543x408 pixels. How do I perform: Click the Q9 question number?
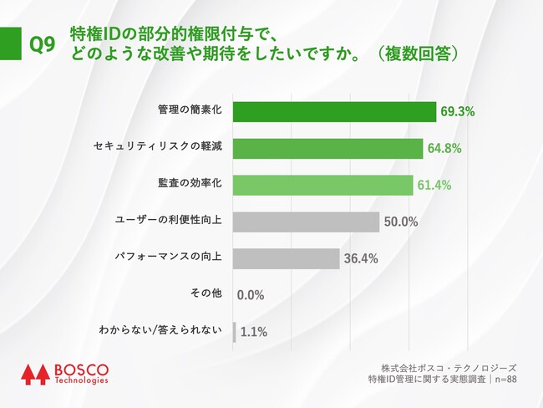pos(42,45)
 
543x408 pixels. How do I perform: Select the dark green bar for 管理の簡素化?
pos(334,111)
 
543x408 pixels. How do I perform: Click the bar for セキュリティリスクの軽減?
pos(327,148)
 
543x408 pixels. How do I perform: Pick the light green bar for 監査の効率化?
pos(322,185)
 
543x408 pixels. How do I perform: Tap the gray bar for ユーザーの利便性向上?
pos(306,222)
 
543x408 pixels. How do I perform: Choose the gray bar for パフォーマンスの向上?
pos(286,258)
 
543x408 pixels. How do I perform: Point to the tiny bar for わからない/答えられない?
pos(234,331)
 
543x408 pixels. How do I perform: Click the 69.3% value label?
pos(458,111)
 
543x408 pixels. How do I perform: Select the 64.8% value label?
pos(444,149)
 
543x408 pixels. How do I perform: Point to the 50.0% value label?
pos(401,222)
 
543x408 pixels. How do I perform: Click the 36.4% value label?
pos(360,259)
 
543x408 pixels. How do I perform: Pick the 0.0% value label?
pos(251,295)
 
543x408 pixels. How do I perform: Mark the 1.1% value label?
pos(253,332)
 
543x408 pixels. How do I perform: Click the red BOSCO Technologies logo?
pos(64,374)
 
